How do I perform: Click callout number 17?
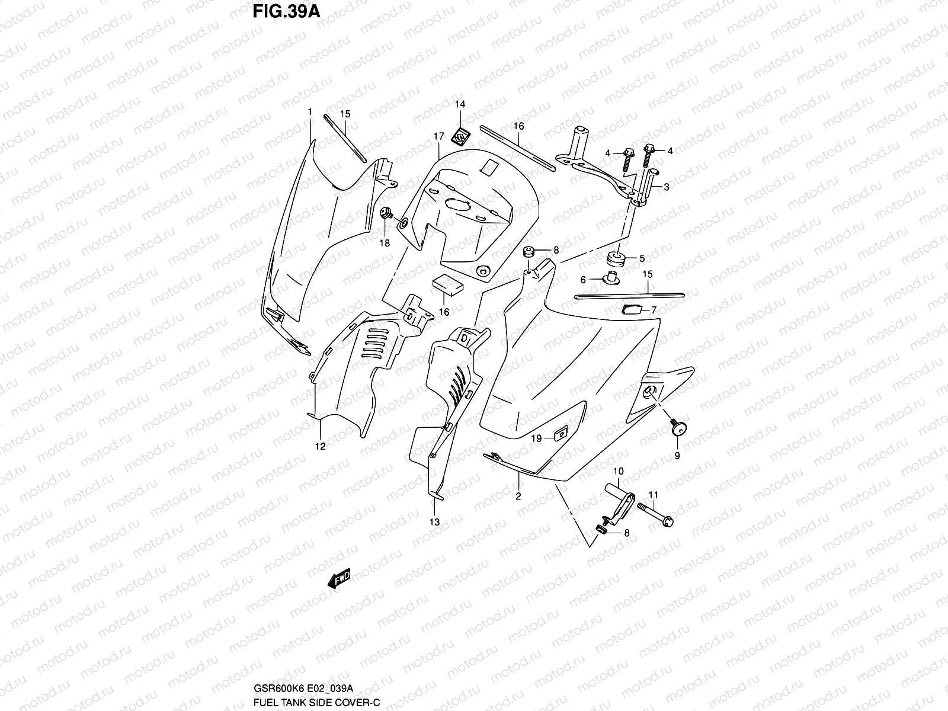tap(438, 136)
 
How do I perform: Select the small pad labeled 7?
tap(632, 308)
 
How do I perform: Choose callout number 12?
tap(320, 447)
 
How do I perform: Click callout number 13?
tap(435, 522)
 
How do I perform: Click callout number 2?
tap(518, 497)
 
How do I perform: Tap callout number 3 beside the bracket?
tap(666, 187)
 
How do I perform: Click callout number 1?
tap(310, 111)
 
